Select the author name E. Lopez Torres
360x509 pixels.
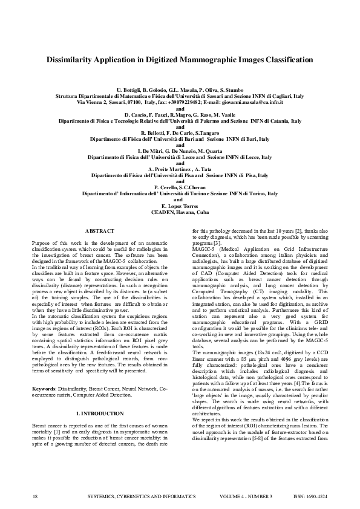tap(180, 206)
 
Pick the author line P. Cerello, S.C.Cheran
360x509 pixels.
tap(180, 187)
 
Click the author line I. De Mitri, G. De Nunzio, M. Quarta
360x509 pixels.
tap(180, 151)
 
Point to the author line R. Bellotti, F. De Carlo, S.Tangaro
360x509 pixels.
tap(180, 132)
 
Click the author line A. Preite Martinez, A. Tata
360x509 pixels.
tap(180, 169)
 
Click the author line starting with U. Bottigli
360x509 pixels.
tap(180, 89)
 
